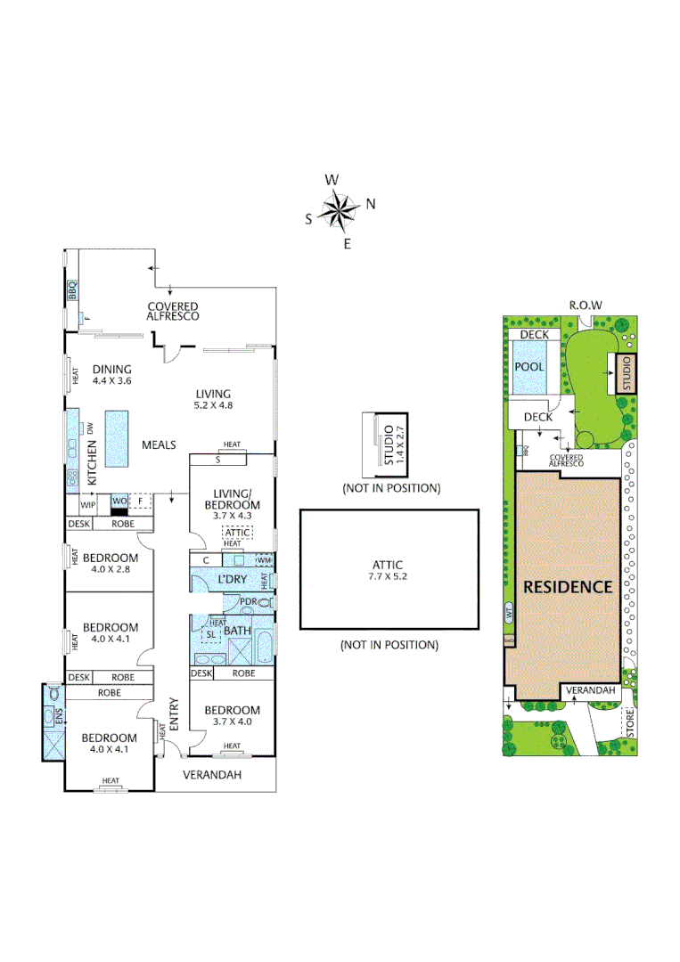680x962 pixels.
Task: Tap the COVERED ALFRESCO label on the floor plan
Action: click(173, 311)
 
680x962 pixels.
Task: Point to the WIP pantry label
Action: click(88, 504)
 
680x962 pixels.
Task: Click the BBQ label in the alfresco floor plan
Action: click(72, 291)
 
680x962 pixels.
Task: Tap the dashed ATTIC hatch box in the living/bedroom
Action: click(238, 532)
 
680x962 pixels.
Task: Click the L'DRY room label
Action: click(232, 580)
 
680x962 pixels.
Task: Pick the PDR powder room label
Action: click(249, 603)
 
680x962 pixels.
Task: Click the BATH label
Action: click(237, 631)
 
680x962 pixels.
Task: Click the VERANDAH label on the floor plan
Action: click(212, 775)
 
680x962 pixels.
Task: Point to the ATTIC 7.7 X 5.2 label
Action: click(389, 570)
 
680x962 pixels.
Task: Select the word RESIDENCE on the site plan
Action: click(568, 587)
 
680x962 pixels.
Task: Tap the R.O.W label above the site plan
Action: click(586, 306)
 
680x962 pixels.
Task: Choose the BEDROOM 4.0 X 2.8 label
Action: click(111, 563)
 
